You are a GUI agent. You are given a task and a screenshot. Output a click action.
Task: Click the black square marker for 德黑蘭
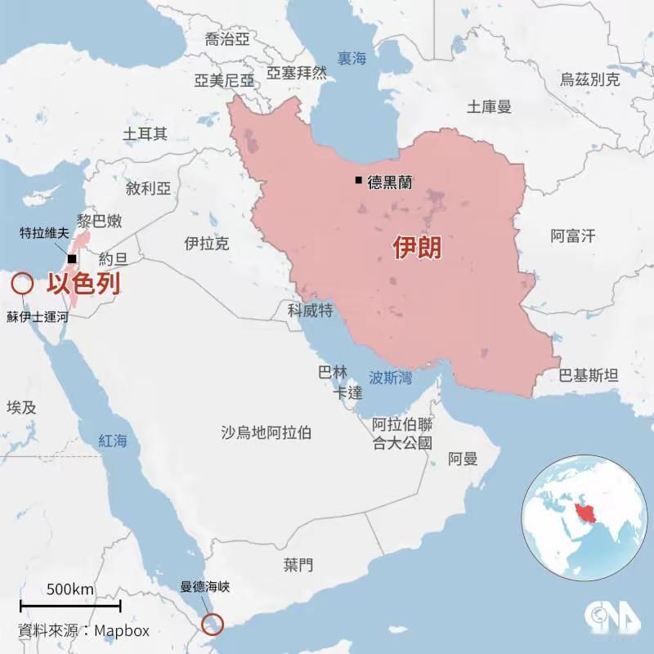click(358, 181)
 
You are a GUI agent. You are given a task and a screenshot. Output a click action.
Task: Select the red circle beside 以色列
click(21, 284)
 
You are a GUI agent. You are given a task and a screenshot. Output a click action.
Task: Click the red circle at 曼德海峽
click(214, 623)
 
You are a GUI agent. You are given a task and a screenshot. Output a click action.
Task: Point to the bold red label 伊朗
click(417, 247)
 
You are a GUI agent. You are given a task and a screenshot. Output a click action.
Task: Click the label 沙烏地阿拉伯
click(266, 432)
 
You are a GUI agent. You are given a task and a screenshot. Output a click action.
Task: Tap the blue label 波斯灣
click(390, 378)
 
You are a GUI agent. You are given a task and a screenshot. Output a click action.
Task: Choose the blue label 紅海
click(113, 441)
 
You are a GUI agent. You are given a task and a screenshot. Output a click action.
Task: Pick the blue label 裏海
click(352, 58)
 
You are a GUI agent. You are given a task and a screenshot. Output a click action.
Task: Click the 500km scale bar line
click(70, 606)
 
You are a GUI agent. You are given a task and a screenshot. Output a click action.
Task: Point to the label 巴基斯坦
click(589, 375)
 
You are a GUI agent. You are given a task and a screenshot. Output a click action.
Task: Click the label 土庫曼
click(489, 106)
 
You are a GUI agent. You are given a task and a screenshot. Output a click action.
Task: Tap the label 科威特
click(310, 310)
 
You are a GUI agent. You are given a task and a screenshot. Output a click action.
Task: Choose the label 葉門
click(298, 564)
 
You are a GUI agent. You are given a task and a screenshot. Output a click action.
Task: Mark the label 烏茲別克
click(589, 79)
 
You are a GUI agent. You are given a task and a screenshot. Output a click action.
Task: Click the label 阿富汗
click(572, 236)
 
